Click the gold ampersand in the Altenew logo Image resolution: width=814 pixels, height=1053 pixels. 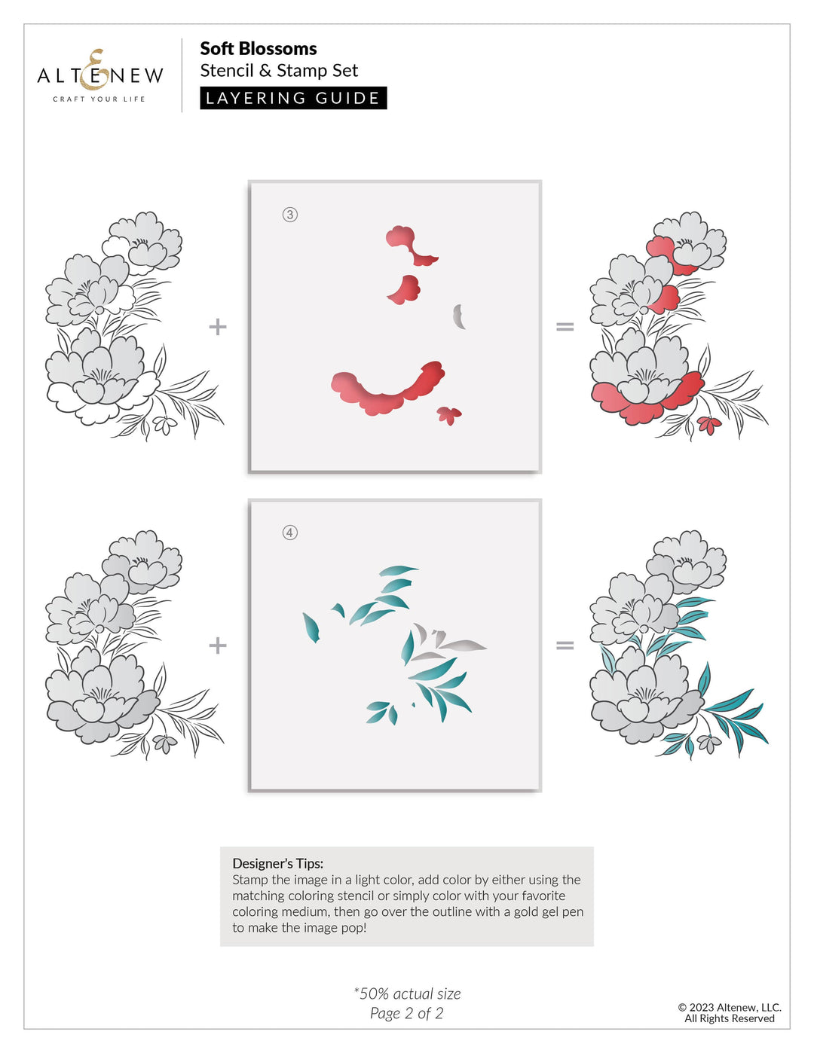tap(96, 69)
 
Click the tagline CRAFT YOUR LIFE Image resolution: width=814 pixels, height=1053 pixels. tap(99, 99)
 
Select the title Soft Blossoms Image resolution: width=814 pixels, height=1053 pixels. tap(259, 48)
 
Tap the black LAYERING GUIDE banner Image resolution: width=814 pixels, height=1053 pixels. tap(293, 98)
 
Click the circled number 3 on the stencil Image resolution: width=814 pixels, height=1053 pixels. tap(290, 215)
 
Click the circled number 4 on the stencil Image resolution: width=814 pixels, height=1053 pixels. tap(290, 533)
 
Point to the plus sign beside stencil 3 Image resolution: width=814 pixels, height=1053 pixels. tap(218, 326)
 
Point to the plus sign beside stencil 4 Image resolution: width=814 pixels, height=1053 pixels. tap(218, 646)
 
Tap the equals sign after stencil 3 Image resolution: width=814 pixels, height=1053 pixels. tap(565, 326)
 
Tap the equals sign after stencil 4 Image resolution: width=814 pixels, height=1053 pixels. tap(565, 646)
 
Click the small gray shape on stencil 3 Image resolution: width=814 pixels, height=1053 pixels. tap(458, 316)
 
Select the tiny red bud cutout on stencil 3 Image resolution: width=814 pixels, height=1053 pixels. tap(449, 414)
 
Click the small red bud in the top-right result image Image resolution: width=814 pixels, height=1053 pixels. tap(708, 425)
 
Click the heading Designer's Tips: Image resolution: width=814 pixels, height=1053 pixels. tap(278, 863)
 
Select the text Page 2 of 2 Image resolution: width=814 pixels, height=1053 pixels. tap(406, 1013)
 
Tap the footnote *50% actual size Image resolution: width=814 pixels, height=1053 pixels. tap(407, 993)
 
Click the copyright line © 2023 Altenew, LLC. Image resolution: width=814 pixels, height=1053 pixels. tap(729, 1007)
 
